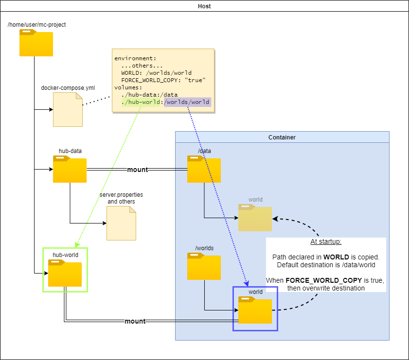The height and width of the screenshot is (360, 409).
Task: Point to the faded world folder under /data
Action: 255,218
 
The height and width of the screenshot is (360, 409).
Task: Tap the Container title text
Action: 282,137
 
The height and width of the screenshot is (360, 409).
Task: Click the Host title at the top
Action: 205,6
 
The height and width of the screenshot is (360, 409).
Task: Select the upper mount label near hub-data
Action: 137,170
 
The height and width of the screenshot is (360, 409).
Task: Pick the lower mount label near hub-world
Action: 135,321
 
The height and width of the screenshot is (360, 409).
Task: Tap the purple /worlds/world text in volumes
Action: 187,102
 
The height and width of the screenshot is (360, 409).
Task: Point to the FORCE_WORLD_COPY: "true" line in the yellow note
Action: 163,80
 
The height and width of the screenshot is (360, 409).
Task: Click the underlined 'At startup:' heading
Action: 326,242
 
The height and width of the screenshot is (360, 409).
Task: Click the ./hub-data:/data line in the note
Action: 149,95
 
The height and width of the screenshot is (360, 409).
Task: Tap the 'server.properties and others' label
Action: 121,198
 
